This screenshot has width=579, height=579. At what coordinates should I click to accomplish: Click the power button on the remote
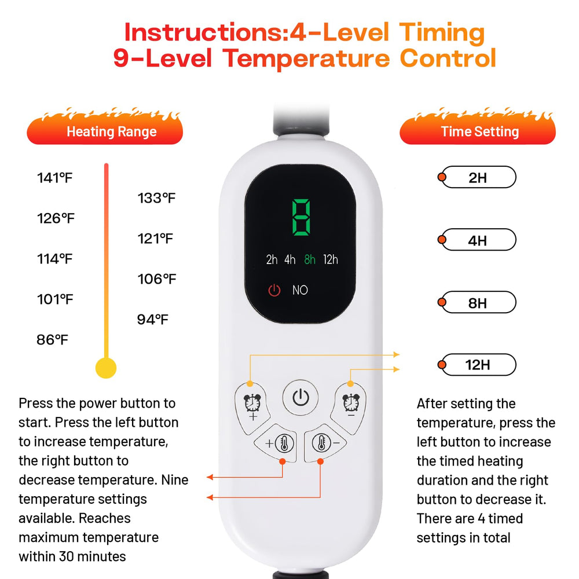click(x=301, y=398)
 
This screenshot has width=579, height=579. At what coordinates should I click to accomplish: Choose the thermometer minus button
click(x=324, y=443)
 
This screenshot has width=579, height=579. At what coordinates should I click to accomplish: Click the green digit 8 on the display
click(x=301, y=217)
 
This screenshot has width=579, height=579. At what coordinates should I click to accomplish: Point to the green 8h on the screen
click(x=310, y=259)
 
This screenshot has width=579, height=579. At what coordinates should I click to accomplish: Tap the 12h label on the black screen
click(x=331, y=259)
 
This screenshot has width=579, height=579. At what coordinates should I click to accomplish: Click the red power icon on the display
click(x=274, y=290)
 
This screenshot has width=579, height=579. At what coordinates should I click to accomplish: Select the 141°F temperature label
click(x=54, y=178)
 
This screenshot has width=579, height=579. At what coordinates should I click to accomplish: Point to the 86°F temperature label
click(x=52, y=340)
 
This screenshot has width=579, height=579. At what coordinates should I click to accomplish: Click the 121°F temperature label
click(x=155, y=239)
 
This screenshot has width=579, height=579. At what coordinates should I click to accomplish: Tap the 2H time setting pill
click(x=477, y=177)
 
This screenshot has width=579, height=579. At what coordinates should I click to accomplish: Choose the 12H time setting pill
click(x=477, y=365)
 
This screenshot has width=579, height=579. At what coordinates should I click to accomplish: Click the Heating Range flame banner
click(x=105, y=127)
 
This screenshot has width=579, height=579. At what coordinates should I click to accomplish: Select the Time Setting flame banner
click(x=478, y=127)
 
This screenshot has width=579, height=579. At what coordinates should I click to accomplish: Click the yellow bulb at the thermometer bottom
click(x=106, y=368)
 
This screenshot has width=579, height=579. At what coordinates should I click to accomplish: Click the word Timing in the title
click(x=442, y=33)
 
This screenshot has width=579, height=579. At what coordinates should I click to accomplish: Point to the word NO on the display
click(x=300, y=290)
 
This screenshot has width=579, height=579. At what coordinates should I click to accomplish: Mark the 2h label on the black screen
click(x=272, y=259)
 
